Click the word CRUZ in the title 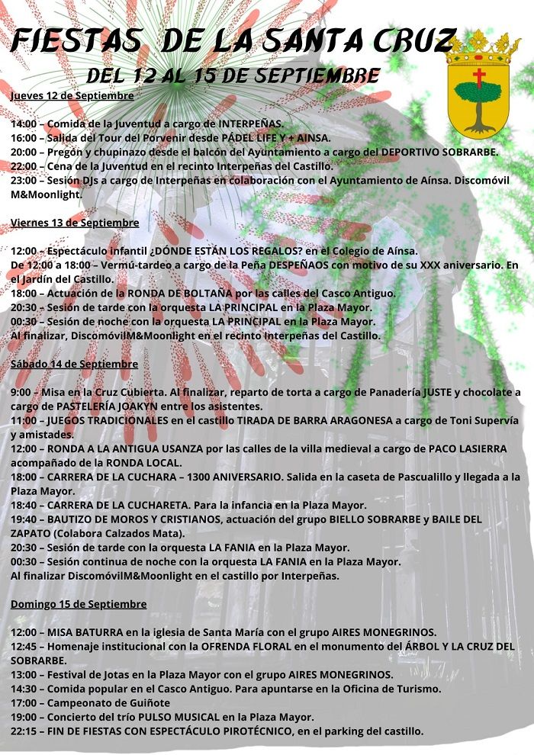coord(415,41)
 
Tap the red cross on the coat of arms coord(479,77)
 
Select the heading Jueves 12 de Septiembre coord(72,96)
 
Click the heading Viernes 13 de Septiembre coord(75,223)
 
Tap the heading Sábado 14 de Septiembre coord(74,364)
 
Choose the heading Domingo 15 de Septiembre coord(79,604)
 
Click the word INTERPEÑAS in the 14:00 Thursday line coord(251,124)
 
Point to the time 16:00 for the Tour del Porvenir coord(24,138)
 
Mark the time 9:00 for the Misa coord(21,392)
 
